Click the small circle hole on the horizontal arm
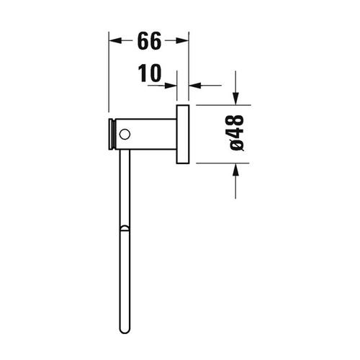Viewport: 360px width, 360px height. point(125,134)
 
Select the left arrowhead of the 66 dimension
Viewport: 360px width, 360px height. point(114,42)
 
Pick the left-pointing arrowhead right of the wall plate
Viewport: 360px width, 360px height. point(194,85)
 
